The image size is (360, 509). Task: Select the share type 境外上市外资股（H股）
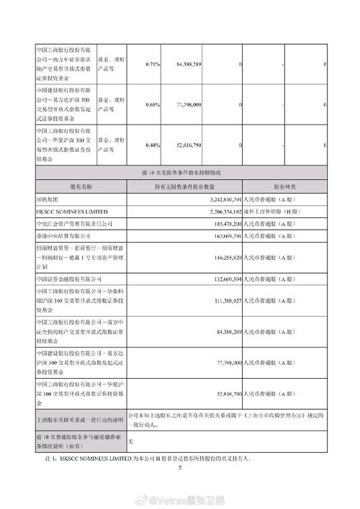coord(271,211)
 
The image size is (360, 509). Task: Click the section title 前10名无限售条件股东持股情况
coord(179,172)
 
